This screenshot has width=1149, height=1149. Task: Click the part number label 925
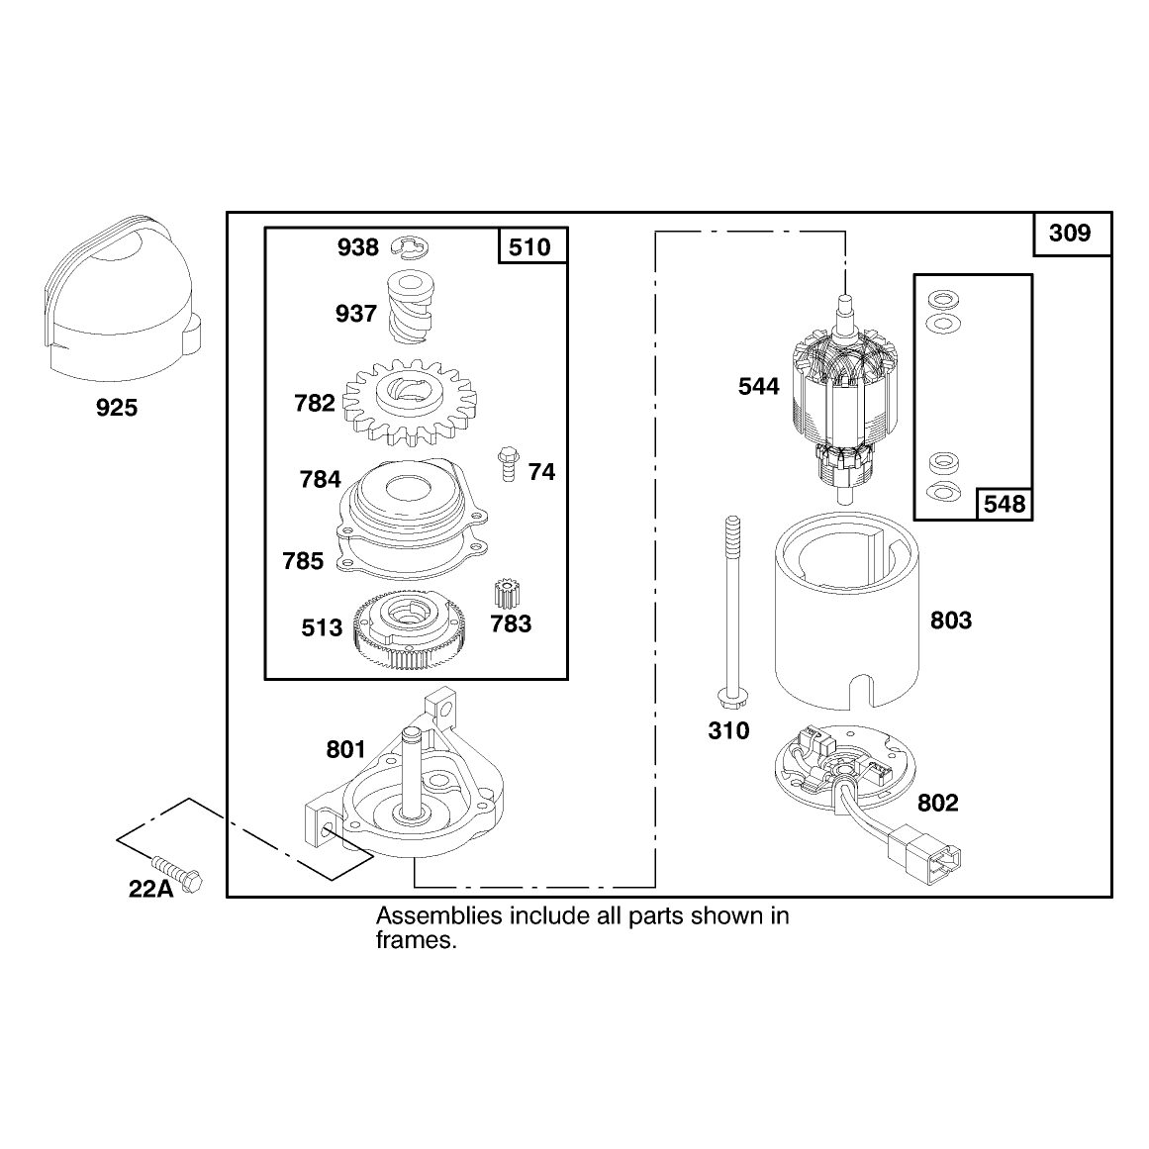coord(117,408)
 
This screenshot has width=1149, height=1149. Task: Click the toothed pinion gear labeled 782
coord(410,402)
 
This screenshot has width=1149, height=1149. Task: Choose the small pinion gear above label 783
coord(507,594)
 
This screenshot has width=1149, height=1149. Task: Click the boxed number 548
coord(1005,504)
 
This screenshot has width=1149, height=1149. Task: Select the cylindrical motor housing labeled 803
coord(846,612)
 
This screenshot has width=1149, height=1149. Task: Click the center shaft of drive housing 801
coord(410,773)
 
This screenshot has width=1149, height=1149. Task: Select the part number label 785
coord(303,561)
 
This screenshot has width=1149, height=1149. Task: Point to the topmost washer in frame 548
coord(944,299)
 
